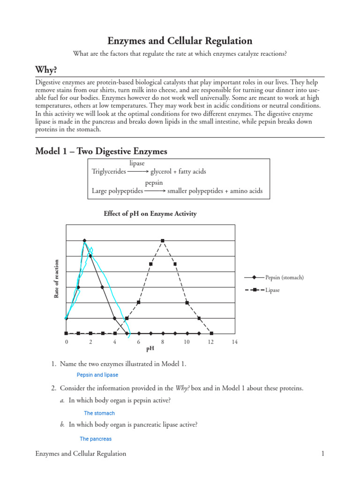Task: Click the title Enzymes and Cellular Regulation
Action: pos(180,41)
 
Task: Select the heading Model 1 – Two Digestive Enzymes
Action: pos(101,151)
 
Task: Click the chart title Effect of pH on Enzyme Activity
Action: pos(150,214)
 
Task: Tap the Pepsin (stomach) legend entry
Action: pos(284,277)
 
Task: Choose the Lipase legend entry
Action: pos(272,290)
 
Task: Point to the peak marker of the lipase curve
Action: pos(163,241)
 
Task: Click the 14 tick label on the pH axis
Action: pos(235,342)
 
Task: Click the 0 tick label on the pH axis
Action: pos(66,342)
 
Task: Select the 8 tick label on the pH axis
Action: pos(163,342)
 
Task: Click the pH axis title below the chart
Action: pos(150,349)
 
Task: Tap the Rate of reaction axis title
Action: pos(57,279)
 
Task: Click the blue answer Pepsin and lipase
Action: pos(97,375)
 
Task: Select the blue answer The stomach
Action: pos(99,413)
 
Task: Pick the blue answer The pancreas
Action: pos(96,439)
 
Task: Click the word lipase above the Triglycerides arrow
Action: pos(137,164)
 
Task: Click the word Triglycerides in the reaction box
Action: pos(109,172)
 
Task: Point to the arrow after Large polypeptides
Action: pos(155,191)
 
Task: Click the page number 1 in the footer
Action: pos(323,453)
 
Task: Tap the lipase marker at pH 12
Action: pos(211,334)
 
